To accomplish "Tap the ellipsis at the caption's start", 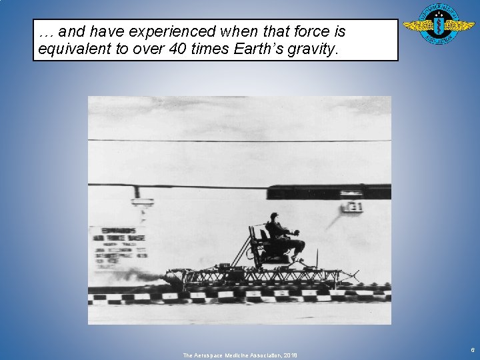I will tap(45, 32).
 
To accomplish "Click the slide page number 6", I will tap(471, 349).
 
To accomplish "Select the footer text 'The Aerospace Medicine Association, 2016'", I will tap(241, 355).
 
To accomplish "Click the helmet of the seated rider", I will tap(274, 217).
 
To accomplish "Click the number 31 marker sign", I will tap(352, 207).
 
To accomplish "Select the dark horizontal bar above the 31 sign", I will tap(328, 192).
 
